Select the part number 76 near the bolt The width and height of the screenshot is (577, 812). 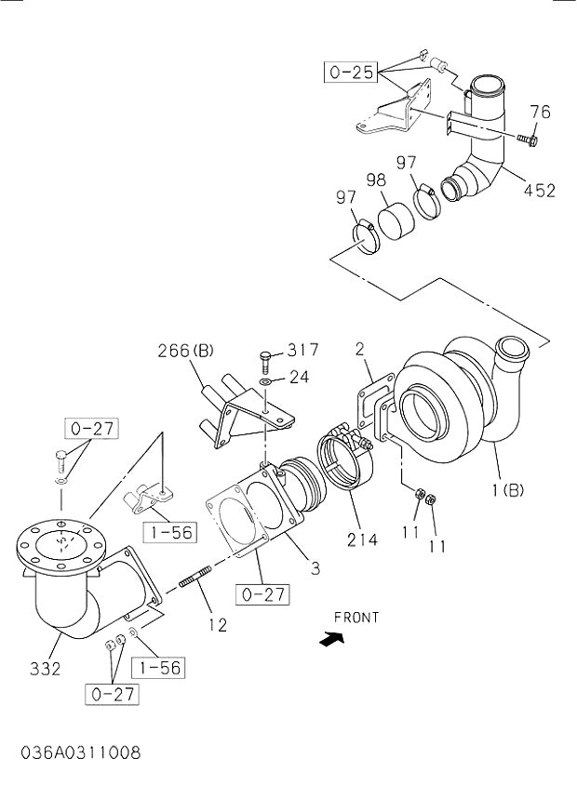coord(539,113)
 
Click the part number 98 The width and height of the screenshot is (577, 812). coord(376,179)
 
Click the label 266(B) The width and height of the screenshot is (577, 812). coord(185,351)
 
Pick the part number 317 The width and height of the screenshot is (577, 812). coord(302,350)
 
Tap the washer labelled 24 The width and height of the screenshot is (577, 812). coord(266,379)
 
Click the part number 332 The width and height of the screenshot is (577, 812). coord(44,668)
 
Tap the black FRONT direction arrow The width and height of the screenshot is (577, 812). coord(330,640)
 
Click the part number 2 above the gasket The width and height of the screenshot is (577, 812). coord(360,350)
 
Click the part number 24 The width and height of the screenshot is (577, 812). coord(298,378)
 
